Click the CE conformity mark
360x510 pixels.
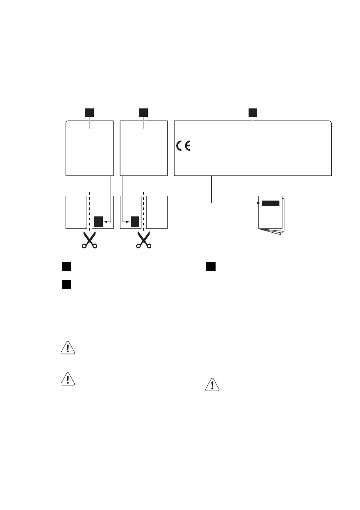tap(183, 146)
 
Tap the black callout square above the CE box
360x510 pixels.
tap(253, 112)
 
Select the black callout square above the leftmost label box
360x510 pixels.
tap(89, 112)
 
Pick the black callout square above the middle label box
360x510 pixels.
tap(144, 112)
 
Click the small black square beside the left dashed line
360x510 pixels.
tap(99, 222)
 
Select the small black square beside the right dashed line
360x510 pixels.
tap(135, 222)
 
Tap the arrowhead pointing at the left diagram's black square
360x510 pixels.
tap(105, 222)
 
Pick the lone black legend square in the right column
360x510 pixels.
tap(210, 267)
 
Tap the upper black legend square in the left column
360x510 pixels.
tap(65, 267)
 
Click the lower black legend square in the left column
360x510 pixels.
tap(65, 284)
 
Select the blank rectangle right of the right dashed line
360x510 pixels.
tap(157, 212)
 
